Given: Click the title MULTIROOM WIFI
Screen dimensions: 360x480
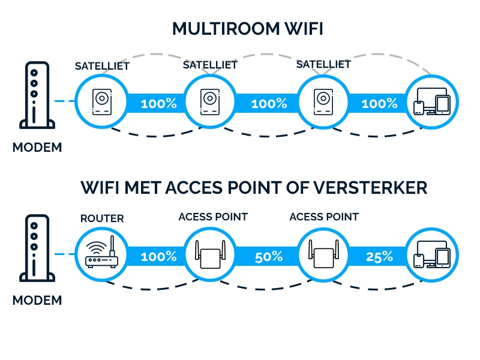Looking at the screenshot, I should tap(247, 29).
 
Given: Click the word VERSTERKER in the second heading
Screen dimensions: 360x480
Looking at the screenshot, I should tap(377, 187).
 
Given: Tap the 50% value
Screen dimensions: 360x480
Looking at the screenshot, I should tap(268, 257).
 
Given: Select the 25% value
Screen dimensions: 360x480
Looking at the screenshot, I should tap(379, 257).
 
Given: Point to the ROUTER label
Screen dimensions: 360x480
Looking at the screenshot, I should tap(102, 218).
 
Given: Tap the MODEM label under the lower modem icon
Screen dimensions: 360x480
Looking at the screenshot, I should tap(37, 300).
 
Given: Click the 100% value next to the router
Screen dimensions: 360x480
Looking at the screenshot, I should tap(158, 257).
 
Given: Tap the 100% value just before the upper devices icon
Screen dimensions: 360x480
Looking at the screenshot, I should tap(379, 103).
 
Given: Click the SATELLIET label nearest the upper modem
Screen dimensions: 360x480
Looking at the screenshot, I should tap(102, 66).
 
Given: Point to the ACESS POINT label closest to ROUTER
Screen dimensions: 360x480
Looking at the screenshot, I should tap(213, 217).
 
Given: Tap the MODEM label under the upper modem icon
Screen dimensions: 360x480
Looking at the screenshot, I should tap(37, 147).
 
